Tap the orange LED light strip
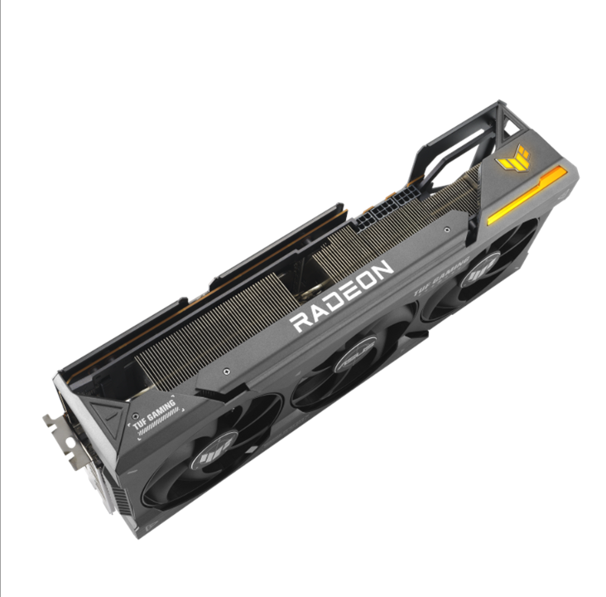click(527, 196)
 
